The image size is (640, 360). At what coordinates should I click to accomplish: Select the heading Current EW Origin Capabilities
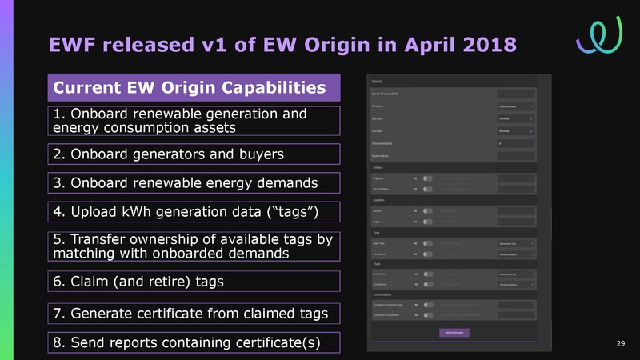[x=190, y=86]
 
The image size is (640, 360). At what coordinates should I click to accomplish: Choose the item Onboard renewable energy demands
[x=185, y=183]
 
